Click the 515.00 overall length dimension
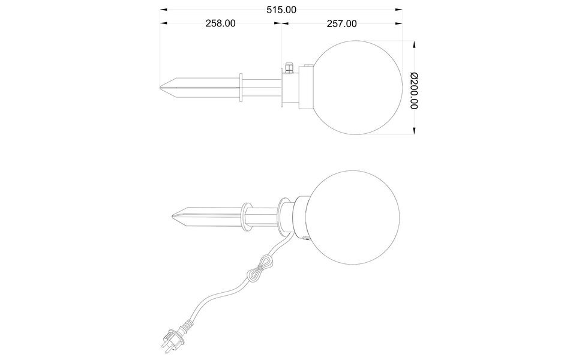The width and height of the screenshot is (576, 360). [281, 10]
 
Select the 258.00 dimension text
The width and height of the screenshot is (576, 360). [220, 24]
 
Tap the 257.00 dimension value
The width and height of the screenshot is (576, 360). [343, 24]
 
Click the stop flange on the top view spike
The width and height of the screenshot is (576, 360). [241, 88]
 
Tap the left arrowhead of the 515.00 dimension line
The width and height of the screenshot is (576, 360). [164, 10]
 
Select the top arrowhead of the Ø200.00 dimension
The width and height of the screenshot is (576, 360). [414, 44]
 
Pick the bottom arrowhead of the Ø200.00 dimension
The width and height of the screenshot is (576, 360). [414, 131]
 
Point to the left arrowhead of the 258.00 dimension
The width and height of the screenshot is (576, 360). [164, 24]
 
